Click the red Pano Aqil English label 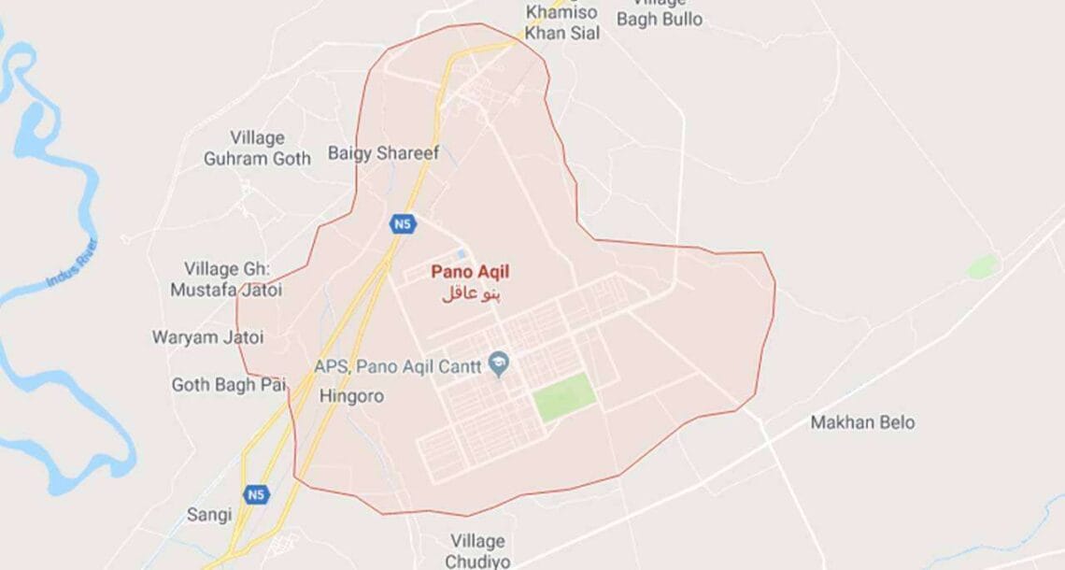click(470, 272)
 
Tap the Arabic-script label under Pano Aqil click(470, 293)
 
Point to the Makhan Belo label click(862, 422)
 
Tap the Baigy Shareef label click(383, 153)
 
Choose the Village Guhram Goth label click(257, 149)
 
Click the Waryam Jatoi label click(208, 336)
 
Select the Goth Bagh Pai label click(228, 384)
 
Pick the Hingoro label click(351, 396)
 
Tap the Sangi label click(208, 515)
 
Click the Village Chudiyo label click(476, 551)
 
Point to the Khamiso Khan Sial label click(562, 22)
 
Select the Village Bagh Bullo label click(660, 13)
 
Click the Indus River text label click(72, 264)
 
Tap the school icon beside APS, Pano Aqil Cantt click(500, 364)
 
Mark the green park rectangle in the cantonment click(564, 397)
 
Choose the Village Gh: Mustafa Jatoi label click(226, 279)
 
